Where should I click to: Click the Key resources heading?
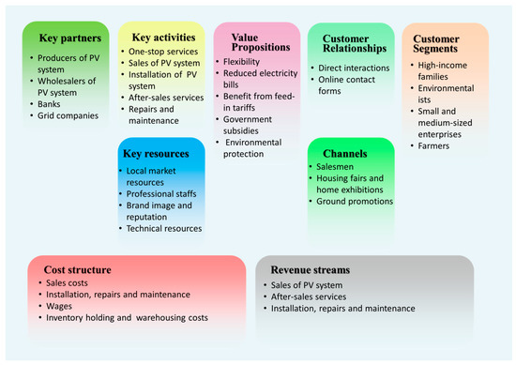tap(160, 152)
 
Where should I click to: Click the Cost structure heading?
tap(78, 269)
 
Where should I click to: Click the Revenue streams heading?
tap(309, 269)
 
